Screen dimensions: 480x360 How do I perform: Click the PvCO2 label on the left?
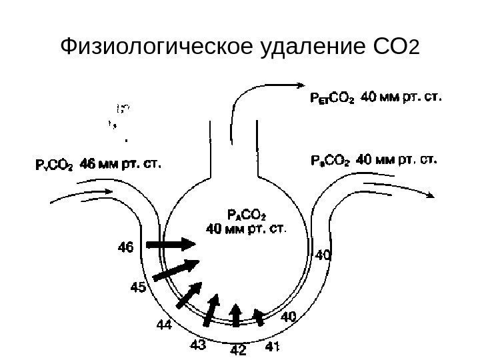tap(54, 163)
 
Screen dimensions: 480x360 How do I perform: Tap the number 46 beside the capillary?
tap(125, 247)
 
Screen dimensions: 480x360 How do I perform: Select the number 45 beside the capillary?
tap(139, 288)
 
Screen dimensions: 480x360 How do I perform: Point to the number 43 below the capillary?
tap(198, 345)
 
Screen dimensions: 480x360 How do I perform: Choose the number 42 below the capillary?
tap(237, 349)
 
